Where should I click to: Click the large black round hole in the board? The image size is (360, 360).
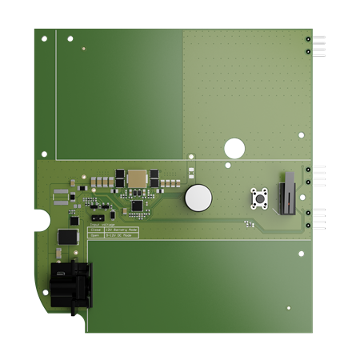(234, 148)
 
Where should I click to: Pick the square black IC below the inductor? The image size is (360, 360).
(137, 206)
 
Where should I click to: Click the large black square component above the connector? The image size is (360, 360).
(67, 237)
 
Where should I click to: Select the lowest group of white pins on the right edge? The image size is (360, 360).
(318, 218)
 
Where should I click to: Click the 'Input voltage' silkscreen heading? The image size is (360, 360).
(98, 225)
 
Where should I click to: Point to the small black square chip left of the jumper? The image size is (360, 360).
(74, 220)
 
